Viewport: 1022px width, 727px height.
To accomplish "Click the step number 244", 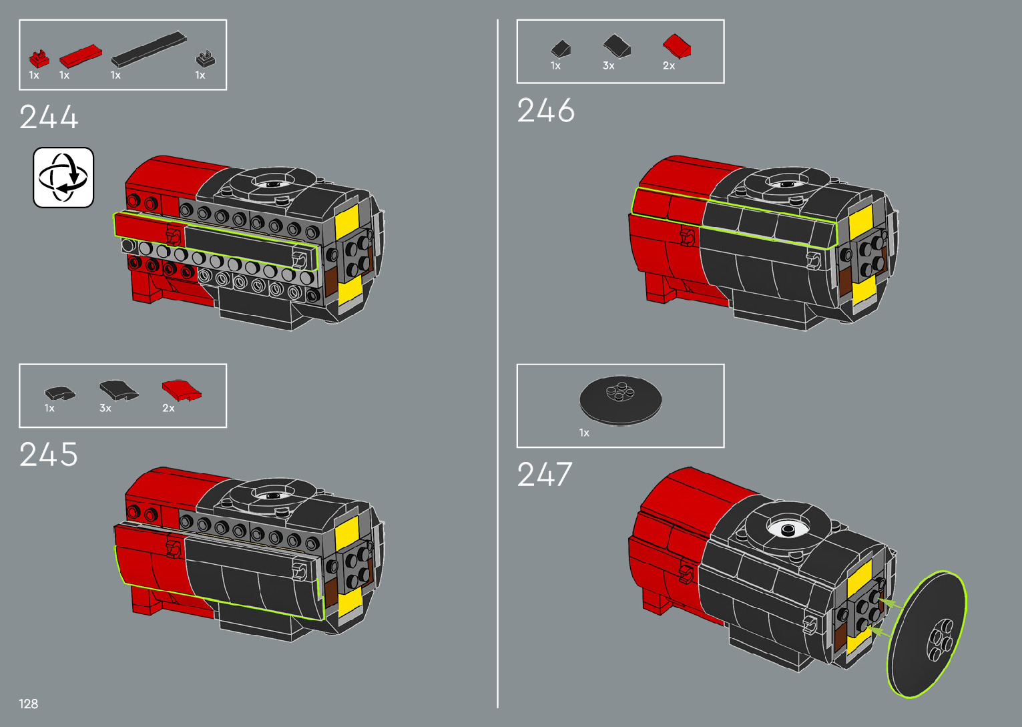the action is pos(49,117).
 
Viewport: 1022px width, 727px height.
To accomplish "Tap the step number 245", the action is pos(49,455).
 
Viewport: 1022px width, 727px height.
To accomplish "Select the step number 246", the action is pos(545,111).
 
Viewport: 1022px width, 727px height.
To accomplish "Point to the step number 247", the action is pos(544,475).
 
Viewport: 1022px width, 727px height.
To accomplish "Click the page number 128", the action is pos(29,704).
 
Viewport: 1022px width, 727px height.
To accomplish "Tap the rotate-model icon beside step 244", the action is pos(63,178).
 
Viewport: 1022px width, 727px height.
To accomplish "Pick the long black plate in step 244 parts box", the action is pos(149,49).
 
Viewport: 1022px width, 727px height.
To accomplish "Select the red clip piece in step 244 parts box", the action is pos(39,59).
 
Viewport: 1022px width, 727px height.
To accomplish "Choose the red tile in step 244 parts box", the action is pos(80,56).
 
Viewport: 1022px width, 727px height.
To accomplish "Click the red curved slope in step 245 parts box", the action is pos(182,389).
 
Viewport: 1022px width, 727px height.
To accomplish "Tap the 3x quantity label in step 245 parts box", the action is pos(105,408).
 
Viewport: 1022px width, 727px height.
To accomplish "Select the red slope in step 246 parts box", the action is pos(677,47).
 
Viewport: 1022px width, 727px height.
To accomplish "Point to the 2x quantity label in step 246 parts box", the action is pos(669,65).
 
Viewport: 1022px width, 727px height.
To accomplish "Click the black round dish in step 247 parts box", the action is pos(620,399).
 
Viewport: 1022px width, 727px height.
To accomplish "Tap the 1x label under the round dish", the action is pos(584,433).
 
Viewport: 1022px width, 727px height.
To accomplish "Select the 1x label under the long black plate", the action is pos(115,75).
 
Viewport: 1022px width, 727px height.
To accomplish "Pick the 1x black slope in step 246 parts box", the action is pos(561,49).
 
